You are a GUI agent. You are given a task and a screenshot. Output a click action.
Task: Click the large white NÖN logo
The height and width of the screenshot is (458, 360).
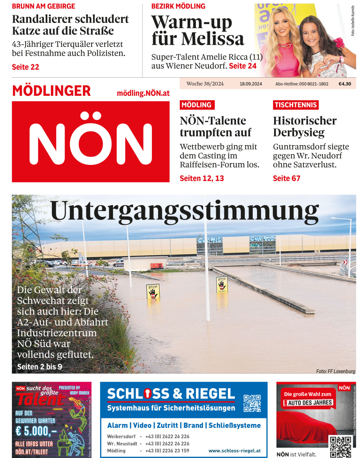tap(90, 142)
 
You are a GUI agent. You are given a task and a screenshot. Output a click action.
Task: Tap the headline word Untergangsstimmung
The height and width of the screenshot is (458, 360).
tap(184, 211)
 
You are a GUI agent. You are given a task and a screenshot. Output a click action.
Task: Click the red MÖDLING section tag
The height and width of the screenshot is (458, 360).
tap(197, 105)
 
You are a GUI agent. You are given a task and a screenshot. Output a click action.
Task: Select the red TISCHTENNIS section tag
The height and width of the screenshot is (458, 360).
tap(296, 105)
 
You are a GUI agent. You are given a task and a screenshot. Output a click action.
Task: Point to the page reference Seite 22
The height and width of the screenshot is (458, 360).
tap(26, 67)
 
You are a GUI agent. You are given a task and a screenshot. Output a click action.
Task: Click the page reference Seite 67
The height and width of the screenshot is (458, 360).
tap(286, 178)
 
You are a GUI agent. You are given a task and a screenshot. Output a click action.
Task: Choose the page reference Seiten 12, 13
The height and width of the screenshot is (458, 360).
tap(202, 178)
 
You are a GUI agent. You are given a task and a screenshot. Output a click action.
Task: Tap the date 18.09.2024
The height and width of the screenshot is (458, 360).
tap(251, 84)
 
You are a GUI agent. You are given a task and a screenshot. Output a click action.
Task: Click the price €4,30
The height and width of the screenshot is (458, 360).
tap(344, 84)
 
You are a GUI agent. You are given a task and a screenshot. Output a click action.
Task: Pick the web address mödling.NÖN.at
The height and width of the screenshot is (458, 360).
tap(143, 93)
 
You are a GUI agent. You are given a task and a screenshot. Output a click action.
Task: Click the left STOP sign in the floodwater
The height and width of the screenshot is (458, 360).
tap(153, 292)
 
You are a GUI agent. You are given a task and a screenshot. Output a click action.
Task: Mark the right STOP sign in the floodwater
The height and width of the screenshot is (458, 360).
tap(222, 284)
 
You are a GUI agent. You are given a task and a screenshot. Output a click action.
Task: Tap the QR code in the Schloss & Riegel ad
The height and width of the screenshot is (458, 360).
tap(252, 403)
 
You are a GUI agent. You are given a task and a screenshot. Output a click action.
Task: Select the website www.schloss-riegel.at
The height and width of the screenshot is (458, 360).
tap(234, 451)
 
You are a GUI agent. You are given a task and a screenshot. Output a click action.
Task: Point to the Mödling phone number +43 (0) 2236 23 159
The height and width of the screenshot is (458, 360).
tap(167, 451)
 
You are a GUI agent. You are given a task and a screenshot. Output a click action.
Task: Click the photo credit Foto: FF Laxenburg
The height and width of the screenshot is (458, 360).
tap(336, 371)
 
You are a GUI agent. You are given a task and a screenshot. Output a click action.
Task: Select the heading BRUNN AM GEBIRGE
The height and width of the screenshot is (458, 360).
tap(44, 6)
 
